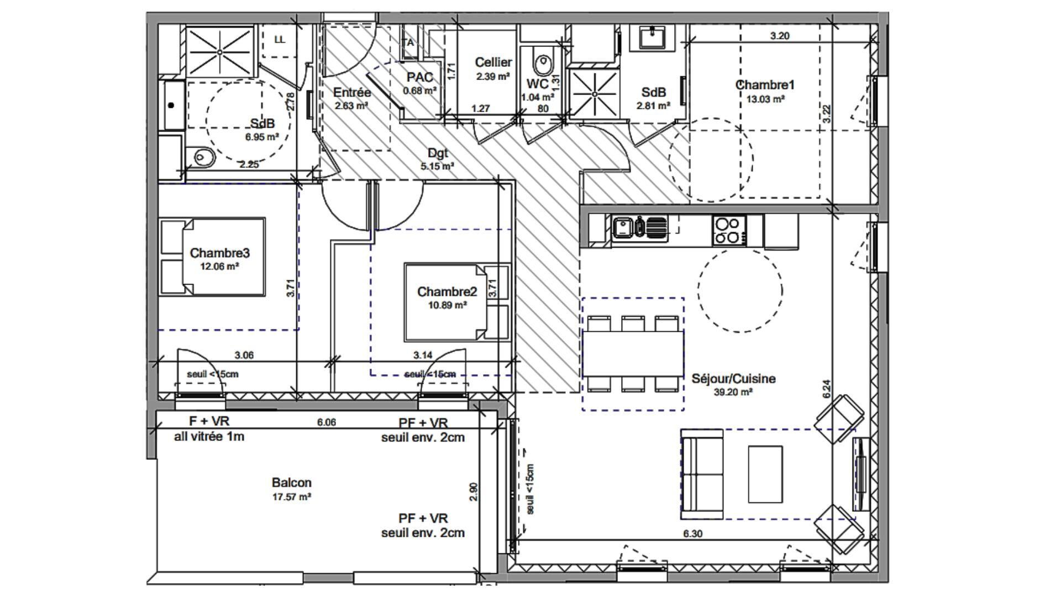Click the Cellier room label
pyautogui.click(x=493, y=62)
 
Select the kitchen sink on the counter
pyautogui.click(x=623, y=227)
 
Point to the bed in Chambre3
pyautogui.click(x=212, y=256)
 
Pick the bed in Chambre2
pyautogui.click(x=447, y=302)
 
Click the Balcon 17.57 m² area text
pyautogui.click(x=291, y=489)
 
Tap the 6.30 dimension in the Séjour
pyautogui.click(x=693, y=534)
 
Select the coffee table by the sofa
pyautogui.click(x=765, y=474)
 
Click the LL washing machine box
pyautogui.click(x=280, y=40)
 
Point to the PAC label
pyautogui.click(x=420, y=77)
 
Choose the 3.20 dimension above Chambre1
pyautogui.click(x=779, y=36)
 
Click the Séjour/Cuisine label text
pyautogui.click(x=733, y=379)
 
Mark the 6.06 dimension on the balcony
pyautogui.click(x=326, y=422)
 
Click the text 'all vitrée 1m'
pyautogui.click(x=209, y=437)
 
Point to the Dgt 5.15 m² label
pyautogui.click(x=437, y=158)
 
